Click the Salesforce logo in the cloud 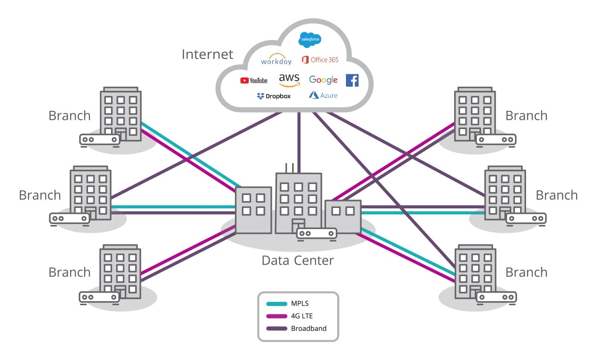[310, 40]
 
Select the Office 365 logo [320, 60]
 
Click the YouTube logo [254, 80]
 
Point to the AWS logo [289, 80]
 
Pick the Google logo [323, 80]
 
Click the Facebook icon [352, 80]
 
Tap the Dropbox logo [274, 96]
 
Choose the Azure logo [323, 95]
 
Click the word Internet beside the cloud [207, 54]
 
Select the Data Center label [298, 260]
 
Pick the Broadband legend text [309, 329]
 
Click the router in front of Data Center [316, 234]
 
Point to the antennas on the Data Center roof [289, 167]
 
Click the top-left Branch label [70, 116]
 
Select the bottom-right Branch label [527, 272]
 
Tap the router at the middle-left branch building [69, 218]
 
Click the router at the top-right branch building [496, 139]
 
